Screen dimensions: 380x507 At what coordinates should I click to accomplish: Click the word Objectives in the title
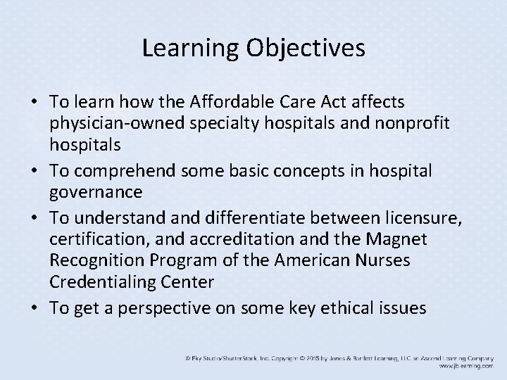[x=306, y=49]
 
